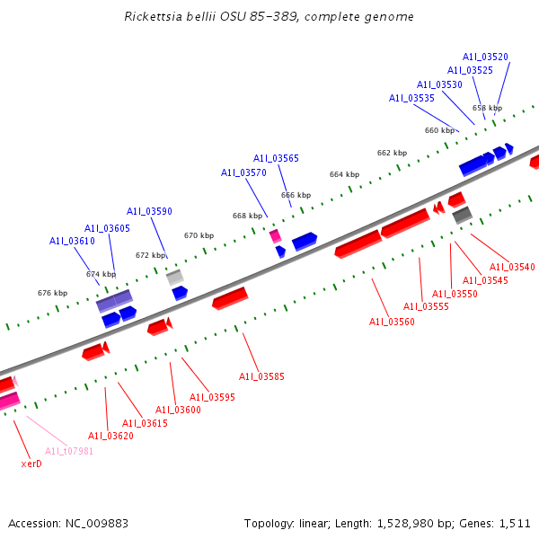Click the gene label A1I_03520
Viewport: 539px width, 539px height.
coord(485,57)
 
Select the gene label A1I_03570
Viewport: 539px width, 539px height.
coord(243,172)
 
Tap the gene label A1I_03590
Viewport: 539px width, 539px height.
coord(149,211)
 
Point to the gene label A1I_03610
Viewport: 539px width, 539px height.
coord(72,241)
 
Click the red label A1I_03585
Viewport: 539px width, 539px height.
coord(261,376)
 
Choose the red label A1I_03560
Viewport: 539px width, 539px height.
coord(392,322)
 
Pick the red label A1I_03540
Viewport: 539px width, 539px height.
coord(512,267)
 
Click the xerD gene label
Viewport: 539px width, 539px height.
coord(31,464)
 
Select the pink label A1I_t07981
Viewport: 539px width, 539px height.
coord(69,451)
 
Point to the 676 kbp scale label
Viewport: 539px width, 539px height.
coord(52,293)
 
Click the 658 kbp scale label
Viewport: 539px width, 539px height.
coord(487,108)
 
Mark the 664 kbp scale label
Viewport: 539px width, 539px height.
coord(344,174)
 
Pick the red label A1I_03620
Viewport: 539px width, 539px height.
coord(110,436)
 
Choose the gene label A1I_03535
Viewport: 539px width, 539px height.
coord(411,98)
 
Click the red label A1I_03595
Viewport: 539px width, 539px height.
coord(212,397)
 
